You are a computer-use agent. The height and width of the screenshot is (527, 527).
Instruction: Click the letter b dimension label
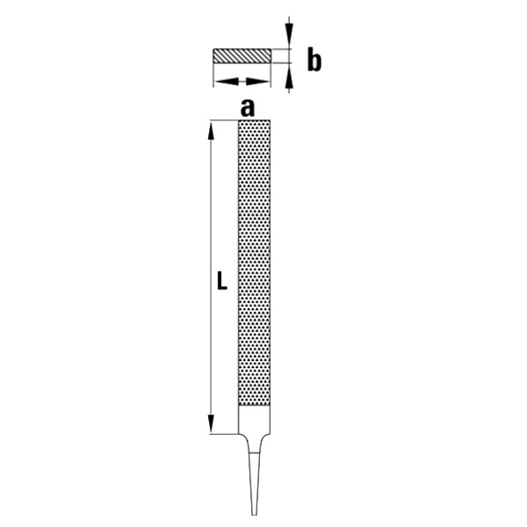pos(314,60)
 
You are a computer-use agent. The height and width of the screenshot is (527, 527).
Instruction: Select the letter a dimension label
pos(248,108)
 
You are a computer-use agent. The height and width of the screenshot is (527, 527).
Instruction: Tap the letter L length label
pos(222,281)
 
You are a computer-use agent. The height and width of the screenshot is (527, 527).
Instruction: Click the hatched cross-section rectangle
pos(242,56)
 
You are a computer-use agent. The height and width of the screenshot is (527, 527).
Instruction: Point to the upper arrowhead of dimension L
pos(211,130)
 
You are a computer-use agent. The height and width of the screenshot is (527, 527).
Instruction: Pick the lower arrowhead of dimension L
pos(211,424)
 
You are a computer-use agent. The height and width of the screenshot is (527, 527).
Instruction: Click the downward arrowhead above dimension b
pos(289,32)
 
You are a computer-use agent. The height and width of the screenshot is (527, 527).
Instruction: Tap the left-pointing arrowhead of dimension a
pos(227,82)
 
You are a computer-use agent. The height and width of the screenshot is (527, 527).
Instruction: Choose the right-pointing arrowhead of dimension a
pos(258,82)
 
